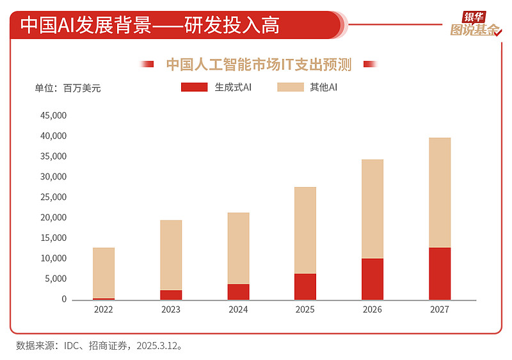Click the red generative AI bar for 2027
(440, 274)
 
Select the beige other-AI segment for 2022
(104, 273)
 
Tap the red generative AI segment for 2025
(305, 286)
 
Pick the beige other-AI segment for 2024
(238, 249)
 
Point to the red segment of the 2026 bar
(372, 279)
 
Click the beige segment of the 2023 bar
(171, 255)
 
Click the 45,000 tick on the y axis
(54, 116)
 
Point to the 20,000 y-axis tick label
(54, 218)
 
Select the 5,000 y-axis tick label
(56, 279)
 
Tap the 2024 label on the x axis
(238, 309)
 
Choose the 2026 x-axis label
(372, 309)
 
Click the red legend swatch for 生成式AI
(195, 87)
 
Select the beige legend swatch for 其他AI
(291, 87)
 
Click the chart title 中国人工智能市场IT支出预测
(259, 64)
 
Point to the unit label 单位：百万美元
(67, 88)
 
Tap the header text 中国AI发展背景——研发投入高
(150, 25)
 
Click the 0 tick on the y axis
(64, 299)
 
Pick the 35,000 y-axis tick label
(54, 156)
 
